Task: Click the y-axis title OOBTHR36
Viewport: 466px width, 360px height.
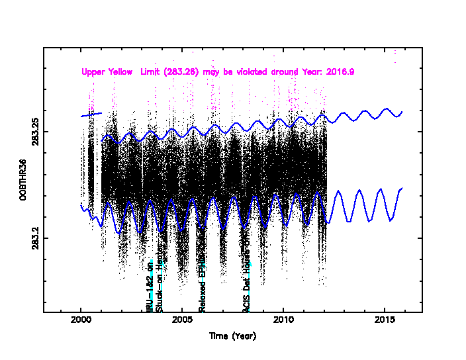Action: point(23,179)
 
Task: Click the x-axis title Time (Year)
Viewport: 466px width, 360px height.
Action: point(232,336)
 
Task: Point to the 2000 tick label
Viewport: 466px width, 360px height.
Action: point(81,322)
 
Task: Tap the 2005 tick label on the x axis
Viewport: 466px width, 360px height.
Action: point(182,322)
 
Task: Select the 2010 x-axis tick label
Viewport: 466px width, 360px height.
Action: point(283,322)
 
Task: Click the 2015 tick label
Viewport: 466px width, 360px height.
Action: point(385,322)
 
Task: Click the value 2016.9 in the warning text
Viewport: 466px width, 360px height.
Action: point(340,71)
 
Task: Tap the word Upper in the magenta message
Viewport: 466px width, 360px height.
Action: point(93,71)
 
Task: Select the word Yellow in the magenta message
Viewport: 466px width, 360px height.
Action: point(122,71)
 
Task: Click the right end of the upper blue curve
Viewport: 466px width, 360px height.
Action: point(402,112)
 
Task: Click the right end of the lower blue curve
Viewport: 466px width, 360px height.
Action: point(402,189)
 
